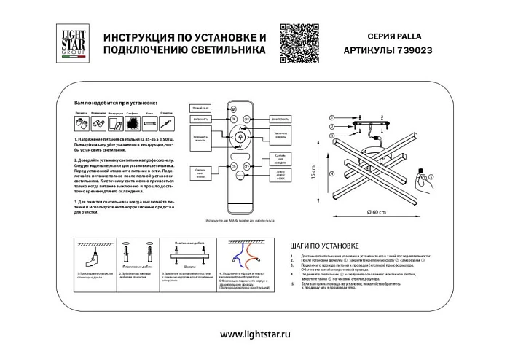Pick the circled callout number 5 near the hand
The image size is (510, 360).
click(429, 176)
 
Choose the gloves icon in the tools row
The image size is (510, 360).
click(98, 124)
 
